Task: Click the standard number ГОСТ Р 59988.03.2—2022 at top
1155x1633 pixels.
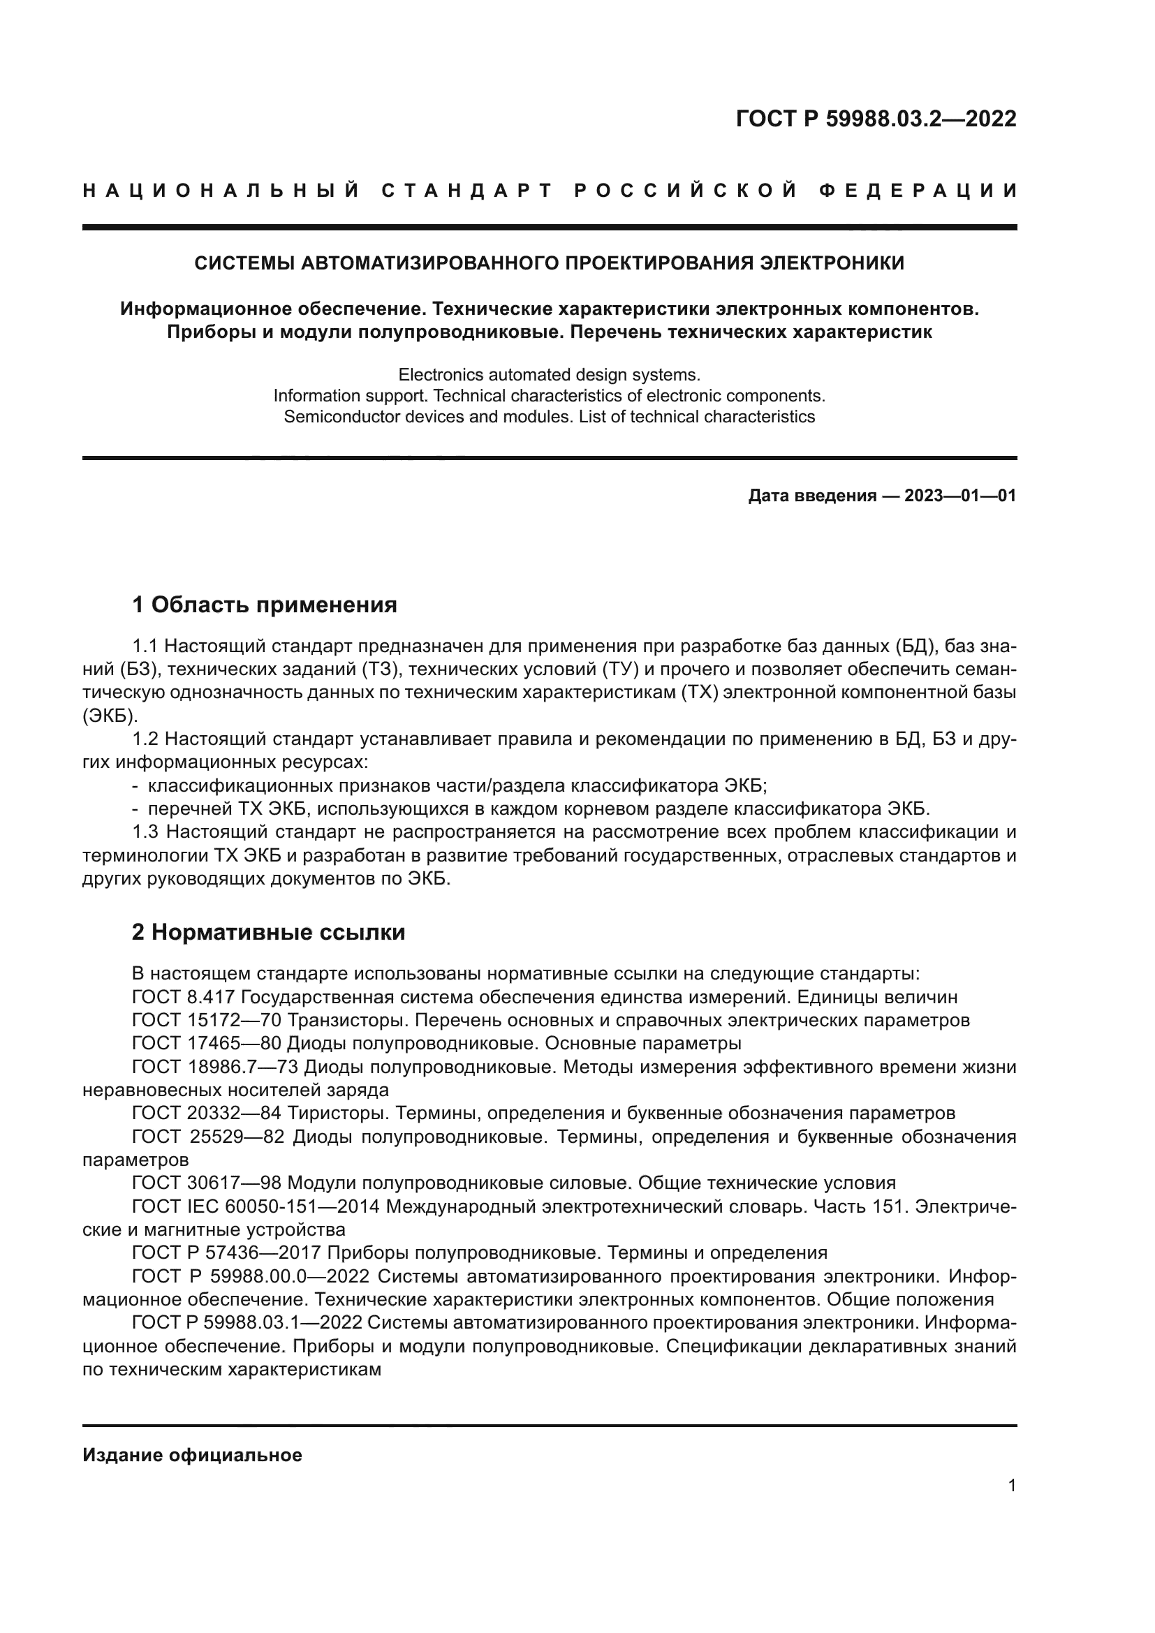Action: pyautogui.click(x=876, y=119)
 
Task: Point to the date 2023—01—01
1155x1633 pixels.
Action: pyautogui.click(x=960, y=496)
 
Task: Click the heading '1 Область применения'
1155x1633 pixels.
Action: pyautogui.click(x=265, y=605)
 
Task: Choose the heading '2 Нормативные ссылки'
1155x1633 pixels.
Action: pyautogui.click(x=268, y=932)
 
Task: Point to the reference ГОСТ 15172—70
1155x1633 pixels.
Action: pyautogui.click(x=207, y=1020)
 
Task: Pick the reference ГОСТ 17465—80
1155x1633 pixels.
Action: pyautogui.click(x=207, y=1043)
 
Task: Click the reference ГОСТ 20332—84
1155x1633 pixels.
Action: pyautogui.click(x=207, y=1113)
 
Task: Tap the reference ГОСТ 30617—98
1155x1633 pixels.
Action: pyautogui.click(x=207, y=1183)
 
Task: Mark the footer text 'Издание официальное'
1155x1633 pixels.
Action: pyautogui.click(x=192, y=1455)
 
